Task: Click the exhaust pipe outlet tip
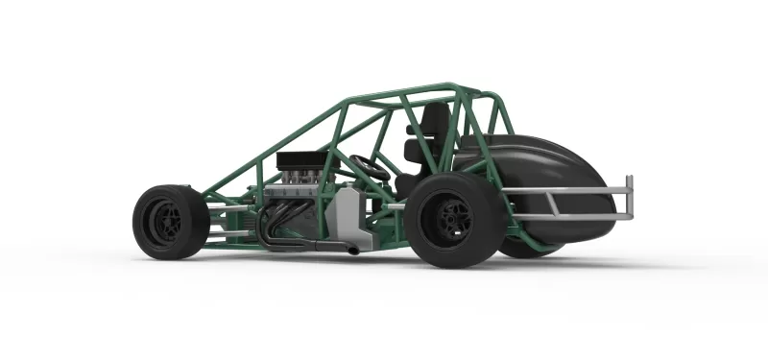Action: click(353, 251)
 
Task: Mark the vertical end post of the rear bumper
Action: click(630, 197)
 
